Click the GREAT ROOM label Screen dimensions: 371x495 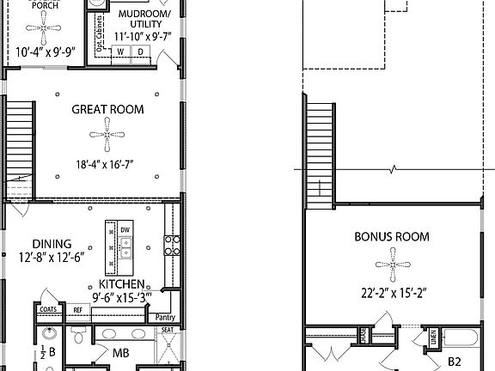click(107, 110)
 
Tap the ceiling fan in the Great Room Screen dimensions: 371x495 click(107, 134)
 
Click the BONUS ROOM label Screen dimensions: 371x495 click(392, 236)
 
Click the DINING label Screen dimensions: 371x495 click(52, 244)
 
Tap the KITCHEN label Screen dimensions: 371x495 click(121, 283)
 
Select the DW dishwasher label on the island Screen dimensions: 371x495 click(125, 230)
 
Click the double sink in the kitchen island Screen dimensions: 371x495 click(125, 248)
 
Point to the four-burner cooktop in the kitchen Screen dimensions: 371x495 click(172, 246)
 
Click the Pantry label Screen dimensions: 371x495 click(166, 316)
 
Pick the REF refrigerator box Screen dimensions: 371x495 click(77, 310)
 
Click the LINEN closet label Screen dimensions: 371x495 click(433, 338)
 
